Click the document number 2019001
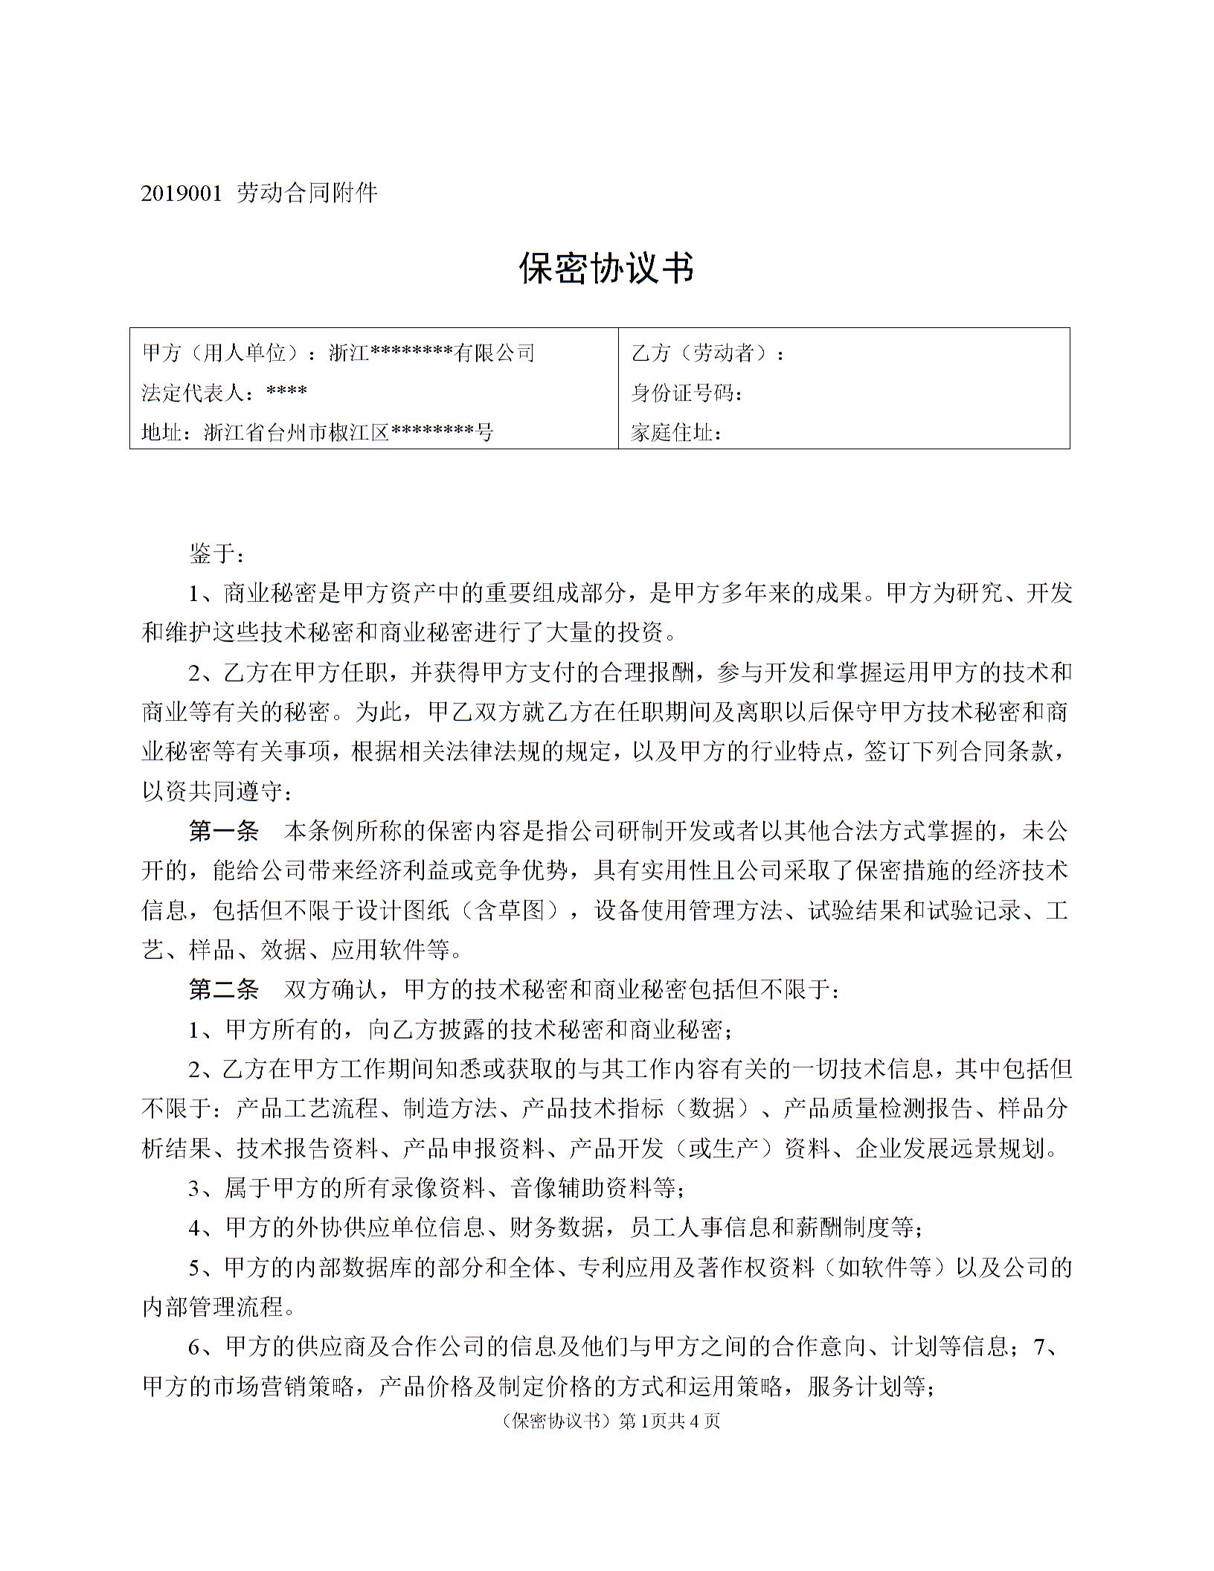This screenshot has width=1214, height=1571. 182,193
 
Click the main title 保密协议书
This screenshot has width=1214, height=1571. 606,268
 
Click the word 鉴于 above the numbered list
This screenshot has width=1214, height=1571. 211,553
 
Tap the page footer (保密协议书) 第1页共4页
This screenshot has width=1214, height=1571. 606,1421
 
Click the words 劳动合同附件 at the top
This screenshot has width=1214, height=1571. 307,193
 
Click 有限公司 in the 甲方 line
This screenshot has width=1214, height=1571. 495,353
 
